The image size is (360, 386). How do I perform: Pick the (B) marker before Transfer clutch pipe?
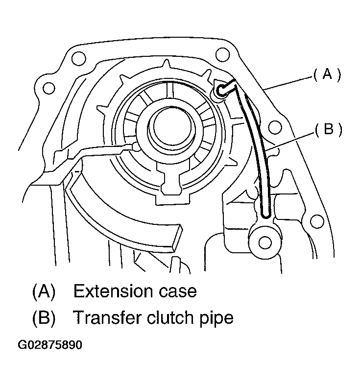[x=44, y=318]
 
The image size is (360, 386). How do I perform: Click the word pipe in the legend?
[x=216, y=319]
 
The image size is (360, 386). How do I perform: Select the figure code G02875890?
[x=50, y=345]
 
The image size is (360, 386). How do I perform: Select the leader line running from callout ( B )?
[x=289, y=139]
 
